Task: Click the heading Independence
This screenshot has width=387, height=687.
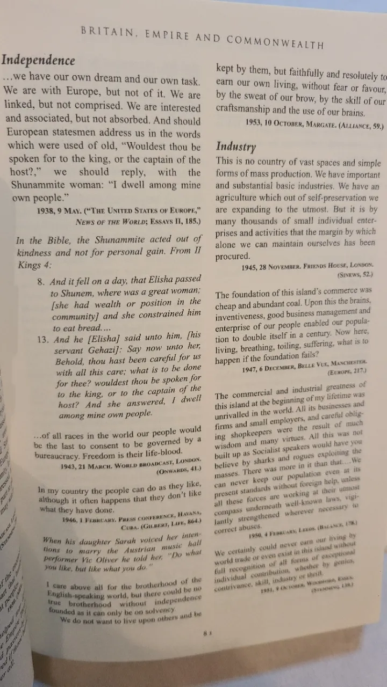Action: click(x=39, y=61)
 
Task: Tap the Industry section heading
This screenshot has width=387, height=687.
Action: click(x=235, y=146)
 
